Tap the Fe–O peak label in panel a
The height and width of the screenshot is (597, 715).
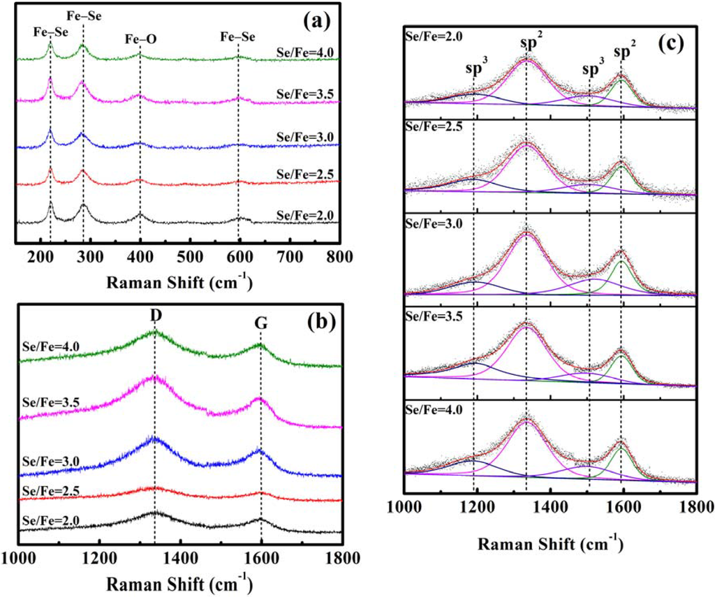click(141, 40)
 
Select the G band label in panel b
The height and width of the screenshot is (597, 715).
click(261, 324)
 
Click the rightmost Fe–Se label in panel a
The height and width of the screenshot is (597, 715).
click(239, 40)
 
